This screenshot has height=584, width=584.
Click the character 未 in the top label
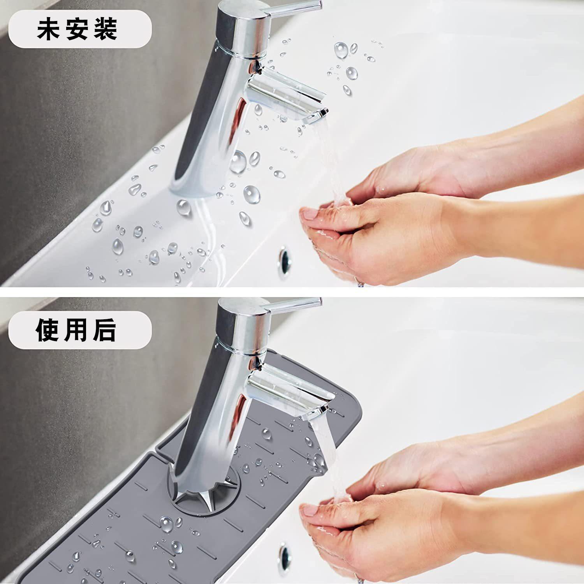click(49, 29)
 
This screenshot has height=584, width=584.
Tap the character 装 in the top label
click(106, 29)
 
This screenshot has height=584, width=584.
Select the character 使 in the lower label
click(49, 330)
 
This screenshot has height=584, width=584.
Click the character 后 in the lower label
click(105, 330)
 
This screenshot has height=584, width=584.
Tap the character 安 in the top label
click(77, 29)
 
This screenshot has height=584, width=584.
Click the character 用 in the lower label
click(77, 330)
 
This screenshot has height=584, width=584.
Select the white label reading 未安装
click(80, 29)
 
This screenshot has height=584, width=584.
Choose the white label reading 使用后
click(80, 330)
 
